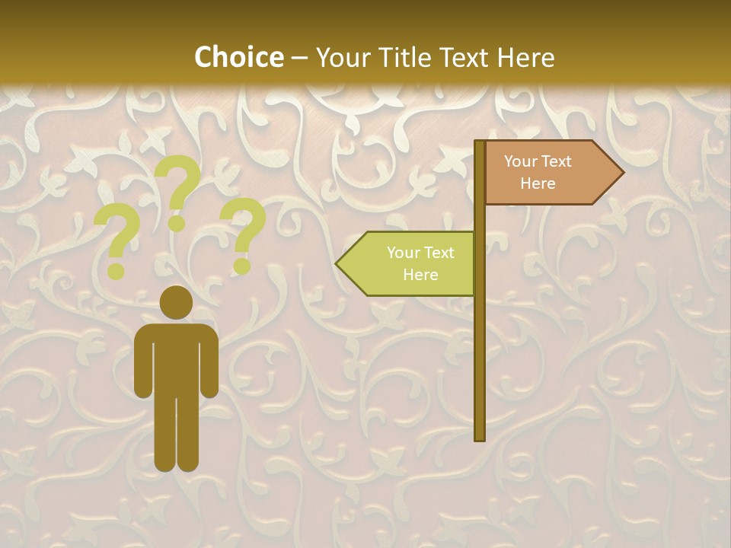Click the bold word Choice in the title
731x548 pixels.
pos(238,57)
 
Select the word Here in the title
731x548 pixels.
pos(525,57)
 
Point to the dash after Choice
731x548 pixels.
pos(299,58)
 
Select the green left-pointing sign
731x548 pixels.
pos(407,263)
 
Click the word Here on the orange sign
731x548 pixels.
pos(538,183)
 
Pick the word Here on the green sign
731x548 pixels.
pos(420,275)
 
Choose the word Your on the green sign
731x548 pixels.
pos(402,253)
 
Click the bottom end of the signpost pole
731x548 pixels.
pos(480,437)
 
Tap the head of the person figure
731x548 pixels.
pos(177,302)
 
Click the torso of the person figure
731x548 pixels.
pos(177,358)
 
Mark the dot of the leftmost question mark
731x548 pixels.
pos(117,271)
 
